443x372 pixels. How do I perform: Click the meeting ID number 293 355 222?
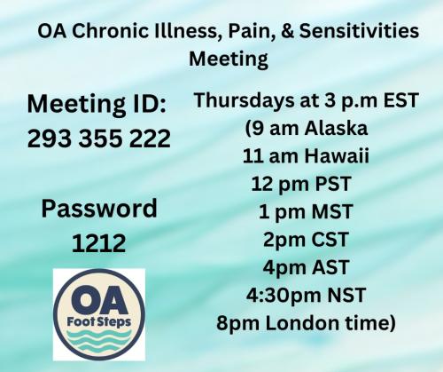click(97, 139)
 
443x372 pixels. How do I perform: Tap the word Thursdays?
click(242, 101)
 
